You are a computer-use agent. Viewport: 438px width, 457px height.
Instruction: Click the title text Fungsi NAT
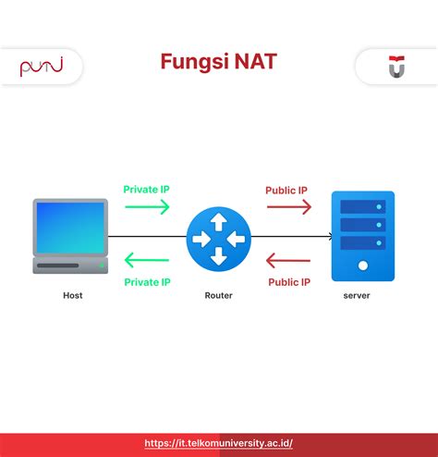pyautogui.click(x=218, y=63)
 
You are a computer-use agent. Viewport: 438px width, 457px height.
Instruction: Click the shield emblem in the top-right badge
pyautogui.click(x=395, y=68)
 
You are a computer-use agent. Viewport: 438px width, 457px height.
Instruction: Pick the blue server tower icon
pyautogui.click(x=363, y=235)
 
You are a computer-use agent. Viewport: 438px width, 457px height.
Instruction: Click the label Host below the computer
pyautogui.click(x=72, y=295)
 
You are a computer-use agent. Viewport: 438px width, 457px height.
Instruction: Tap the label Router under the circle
pyautogui.click(x=218, y=295)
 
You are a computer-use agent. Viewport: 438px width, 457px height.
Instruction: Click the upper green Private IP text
pyautogui.click(x=146, y=190)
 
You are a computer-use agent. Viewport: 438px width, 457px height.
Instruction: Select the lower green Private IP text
pyautogui.click(x=147, y=281)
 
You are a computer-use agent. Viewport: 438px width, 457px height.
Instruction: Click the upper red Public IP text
pyautogui.click(x=286, y=190)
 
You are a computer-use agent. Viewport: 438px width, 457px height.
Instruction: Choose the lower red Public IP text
pyautogui.click(x=289, y=281)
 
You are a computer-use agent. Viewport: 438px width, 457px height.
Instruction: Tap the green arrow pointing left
pyautogui.click(x=147, y=261)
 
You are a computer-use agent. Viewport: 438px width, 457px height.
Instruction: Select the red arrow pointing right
pyautogui.click(x=289, y=207)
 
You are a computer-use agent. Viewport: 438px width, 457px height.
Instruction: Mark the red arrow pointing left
pyautogui.click(x=288, y=261)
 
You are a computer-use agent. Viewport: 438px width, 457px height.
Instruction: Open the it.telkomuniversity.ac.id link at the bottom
pyautogui.click(x=218, y=443)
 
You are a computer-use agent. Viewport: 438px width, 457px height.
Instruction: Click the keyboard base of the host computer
pyautogui.click(x=69, y=266)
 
